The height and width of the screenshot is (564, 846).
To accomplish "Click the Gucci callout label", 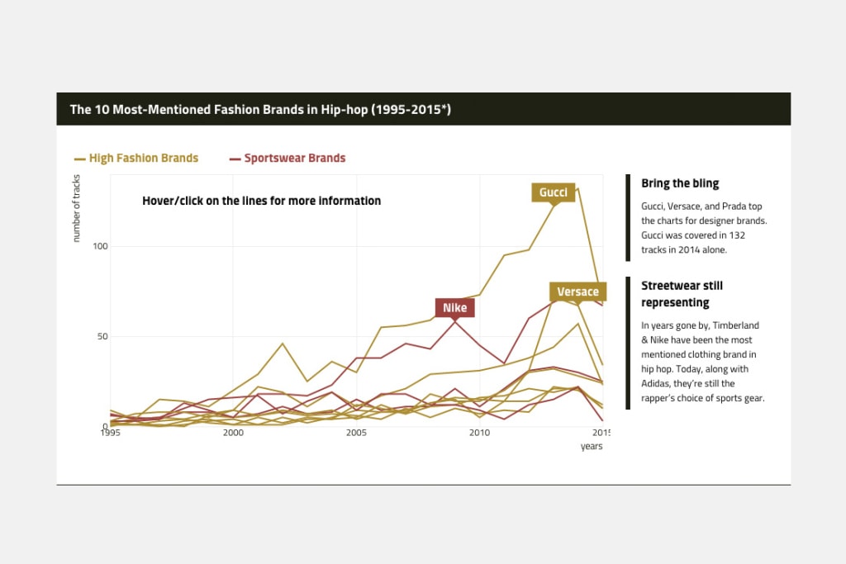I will pyautogui.click(x=553, y=192).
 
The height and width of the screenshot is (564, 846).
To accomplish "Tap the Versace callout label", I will pyautogui.click(x=577, y=291).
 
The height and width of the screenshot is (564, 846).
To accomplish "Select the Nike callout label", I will pyautogui.click(x=454, y=308).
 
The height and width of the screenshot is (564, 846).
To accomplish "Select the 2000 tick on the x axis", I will pyautogui.click(x=233, y=433).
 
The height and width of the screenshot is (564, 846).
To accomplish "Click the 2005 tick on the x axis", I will pyautogui.click(x=356, y=433).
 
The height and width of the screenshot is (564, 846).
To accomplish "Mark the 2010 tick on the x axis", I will pyautogui.click(x=479, y=433).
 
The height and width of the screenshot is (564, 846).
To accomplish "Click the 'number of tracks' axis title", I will pyautogui.click(x=77, y=208).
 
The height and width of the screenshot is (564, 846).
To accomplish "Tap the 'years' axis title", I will pyautogui.click(x=591, y=446).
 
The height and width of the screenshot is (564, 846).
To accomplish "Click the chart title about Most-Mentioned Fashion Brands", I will pyautogui.click(x=260, y=109).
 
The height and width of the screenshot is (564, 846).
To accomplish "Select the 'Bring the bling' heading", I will pyautogui.click(x=680, y=183).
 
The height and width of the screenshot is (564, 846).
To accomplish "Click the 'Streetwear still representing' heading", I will pyautogui.click(x=682, y=294).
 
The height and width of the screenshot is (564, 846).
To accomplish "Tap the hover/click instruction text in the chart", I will pyautogui.click(x=261, y=201).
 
